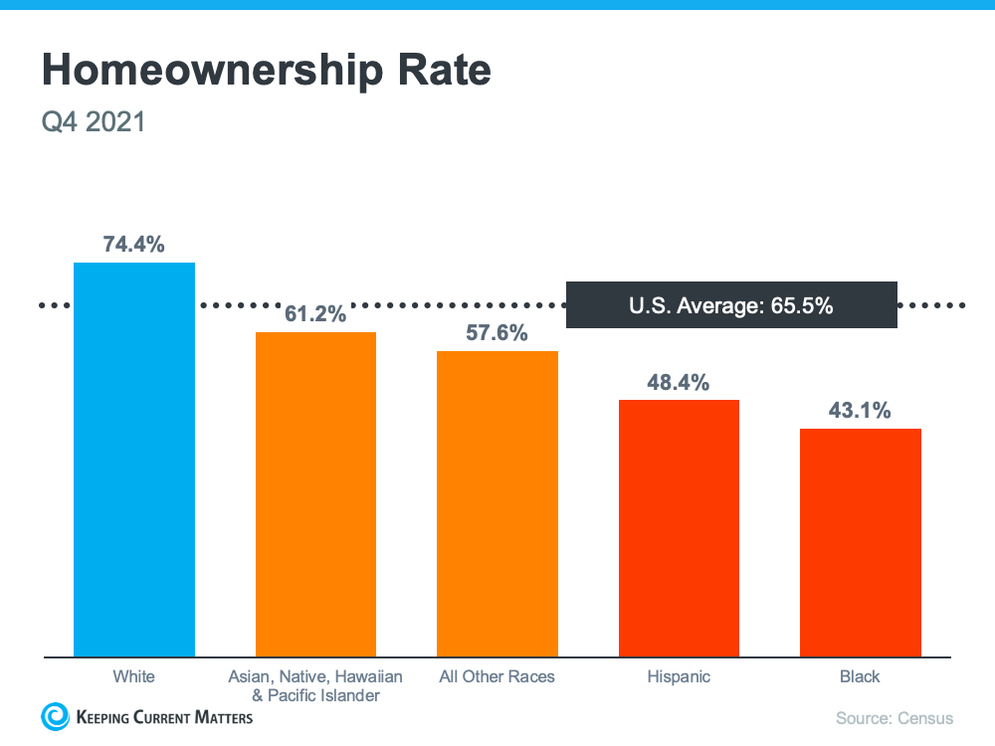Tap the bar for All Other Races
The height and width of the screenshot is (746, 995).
(x=497, y=503)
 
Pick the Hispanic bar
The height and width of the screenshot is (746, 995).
(x=679, y=528)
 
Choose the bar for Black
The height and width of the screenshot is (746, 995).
(x=860, y=542)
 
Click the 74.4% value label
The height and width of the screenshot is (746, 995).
(x=134, y=245)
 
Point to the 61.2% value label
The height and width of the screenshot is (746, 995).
(x=315, y=314)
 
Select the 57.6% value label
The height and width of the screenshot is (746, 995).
(x=497, y=333)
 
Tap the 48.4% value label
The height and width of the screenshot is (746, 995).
(x=679, y=382)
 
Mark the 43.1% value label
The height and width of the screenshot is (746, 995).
(x=860, y=411)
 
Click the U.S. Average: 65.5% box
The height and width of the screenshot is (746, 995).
(x=731, y=305)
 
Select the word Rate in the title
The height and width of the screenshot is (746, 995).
(x=446, y=72)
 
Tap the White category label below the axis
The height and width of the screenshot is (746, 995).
(x=134, y=676)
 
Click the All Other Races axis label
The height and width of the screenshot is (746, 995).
(x=497, y=676)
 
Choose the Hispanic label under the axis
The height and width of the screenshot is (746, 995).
(x=679, y=676)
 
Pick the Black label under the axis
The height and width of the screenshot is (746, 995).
(x=860, y=676)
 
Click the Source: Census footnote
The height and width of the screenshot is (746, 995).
(x=895, y=718)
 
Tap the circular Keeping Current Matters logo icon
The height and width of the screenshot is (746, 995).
(x=54, y=716)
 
